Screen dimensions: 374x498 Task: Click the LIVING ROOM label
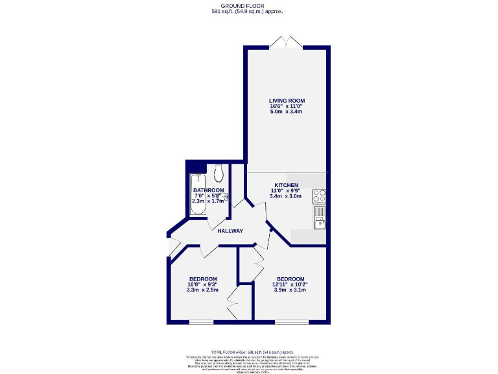coord(287,101)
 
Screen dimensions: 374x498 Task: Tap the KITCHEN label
coord(285,184)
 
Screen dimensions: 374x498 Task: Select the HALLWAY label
coord(230,231)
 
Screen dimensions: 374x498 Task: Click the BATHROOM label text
coord(209,190)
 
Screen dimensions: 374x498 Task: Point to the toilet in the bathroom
coord(219,172)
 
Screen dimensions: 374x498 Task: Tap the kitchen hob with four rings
coord(320,195)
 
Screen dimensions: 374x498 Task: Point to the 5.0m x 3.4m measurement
coord(287,112)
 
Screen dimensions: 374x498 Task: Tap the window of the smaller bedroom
coord(202,322)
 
